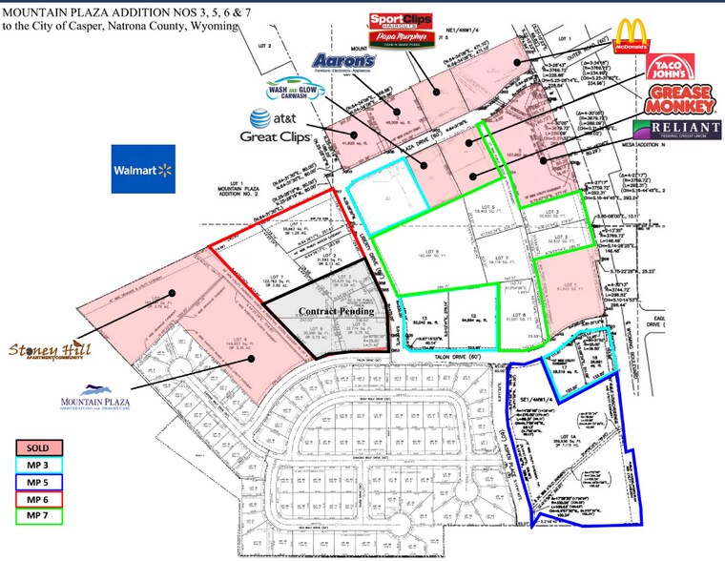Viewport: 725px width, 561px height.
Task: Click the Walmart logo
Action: coord(143,169)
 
